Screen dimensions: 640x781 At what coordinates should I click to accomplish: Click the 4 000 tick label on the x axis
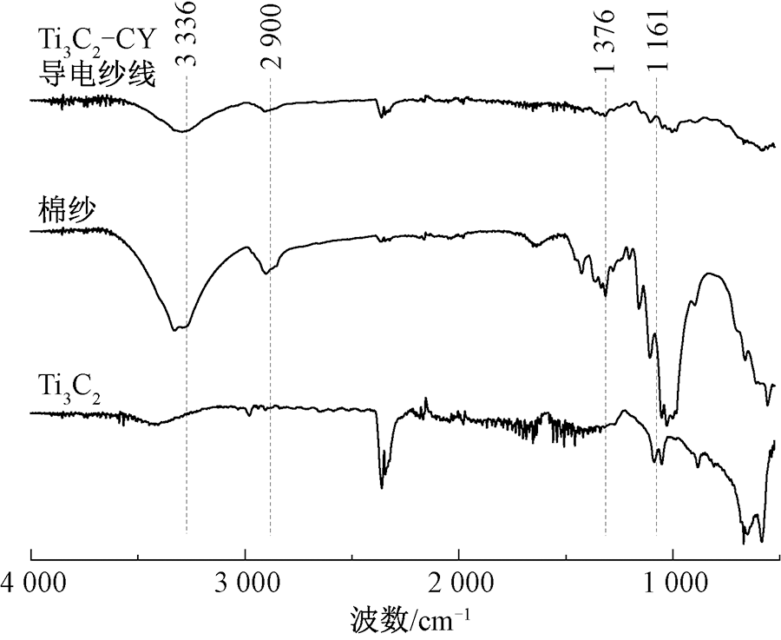pyautogui.click(x=32, y=582)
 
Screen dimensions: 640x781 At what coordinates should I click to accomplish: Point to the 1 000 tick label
pyautogui.click(x=673, y=582)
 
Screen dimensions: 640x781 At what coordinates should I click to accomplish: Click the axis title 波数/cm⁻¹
pyautogui.click(x=411, y=619)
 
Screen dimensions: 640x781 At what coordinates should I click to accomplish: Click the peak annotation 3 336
pyautogui.click(x=186, y=38)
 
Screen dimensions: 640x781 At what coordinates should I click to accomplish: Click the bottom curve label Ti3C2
pyautogui.click(x=69, y=382)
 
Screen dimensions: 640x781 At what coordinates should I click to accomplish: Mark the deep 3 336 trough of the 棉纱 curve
pyautogui.click(x=177, y=329)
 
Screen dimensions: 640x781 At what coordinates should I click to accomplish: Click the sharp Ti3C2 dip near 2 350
pyautogui.click(x=381, y=485)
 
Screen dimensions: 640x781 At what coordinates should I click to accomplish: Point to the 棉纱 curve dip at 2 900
pyautogui.click(x=266, y=273)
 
